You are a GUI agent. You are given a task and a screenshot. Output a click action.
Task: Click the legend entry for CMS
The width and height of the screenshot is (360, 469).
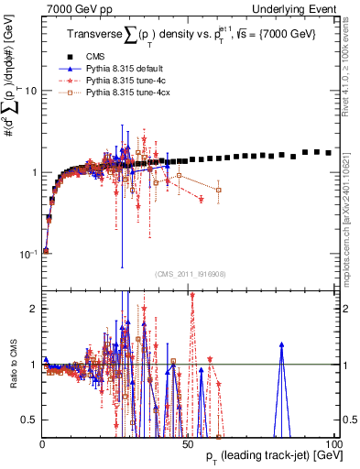[102, 58]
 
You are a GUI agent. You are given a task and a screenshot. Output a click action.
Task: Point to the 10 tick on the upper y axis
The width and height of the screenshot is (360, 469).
[30, 91]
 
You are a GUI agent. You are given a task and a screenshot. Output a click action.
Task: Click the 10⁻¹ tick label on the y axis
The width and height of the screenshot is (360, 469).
[27, 254]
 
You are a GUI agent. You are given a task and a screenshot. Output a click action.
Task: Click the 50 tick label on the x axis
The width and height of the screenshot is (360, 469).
[188, 443]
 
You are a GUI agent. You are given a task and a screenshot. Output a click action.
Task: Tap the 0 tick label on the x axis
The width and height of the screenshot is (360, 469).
[42, 443]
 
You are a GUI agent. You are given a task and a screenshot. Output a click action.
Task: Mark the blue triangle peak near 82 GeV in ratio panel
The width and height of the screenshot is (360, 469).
[282, 345]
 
